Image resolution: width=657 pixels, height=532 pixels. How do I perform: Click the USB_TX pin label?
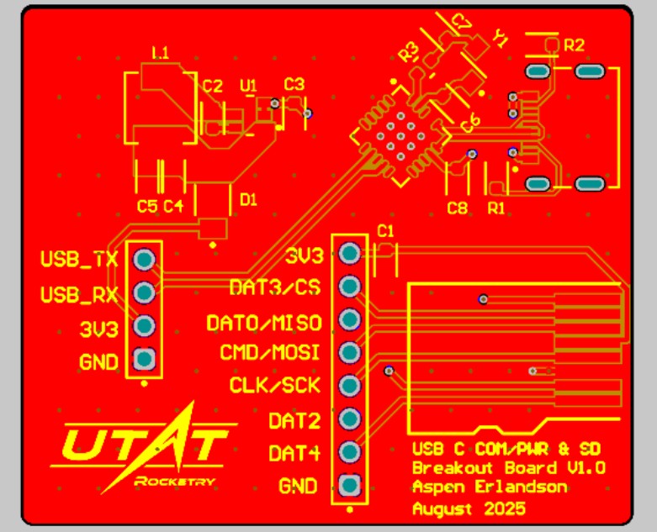point(80,259)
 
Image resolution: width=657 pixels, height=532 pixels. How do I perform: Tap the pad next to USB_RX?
point(144,292)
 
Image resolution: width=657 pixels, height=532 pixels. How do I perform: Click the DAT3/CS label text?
point(275,287)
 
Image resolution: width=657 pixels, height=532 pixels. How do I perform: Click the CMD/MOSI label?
point(269,352)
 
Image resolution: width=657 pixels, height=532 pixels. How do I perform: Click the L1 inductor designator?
point(160,54)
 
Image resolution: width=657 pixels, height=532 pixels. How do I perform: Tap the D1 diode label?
point(249,199)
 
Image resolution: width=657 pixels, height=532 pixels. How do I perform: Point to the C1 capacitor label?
point(386,230)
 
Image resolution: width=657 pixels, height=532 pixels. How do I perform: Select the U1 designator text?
point(248,86)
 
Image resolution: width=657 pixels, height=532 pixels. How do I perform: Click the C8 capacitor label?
point(458,208)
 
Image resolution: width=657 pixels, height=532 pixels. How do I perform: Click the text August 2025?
point(469,508)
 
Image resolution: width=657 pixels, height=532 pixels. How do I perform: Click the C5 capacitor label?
point(147,206)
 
